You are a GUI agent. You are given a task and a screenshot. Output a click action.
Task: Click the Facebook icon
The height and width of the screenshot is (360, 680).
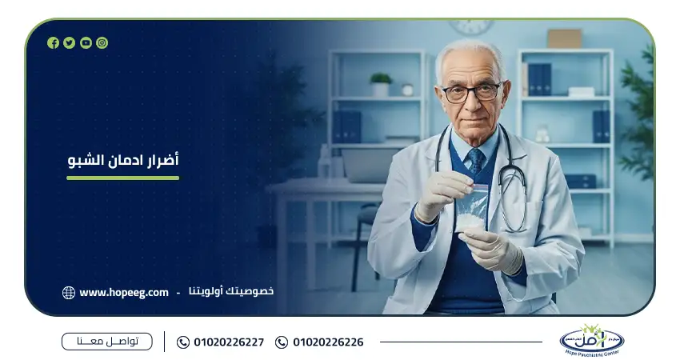pyautogui.click(x=53, y=43)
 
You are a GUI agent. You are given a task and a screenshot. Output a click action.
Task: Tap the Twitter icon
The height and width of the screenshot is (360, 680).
pyautogui.click(x=70, y=43)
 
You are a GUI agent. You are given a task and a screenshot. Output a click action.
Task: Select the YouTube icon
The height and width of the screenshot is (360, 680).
pyautogui.click(x=86, y=43)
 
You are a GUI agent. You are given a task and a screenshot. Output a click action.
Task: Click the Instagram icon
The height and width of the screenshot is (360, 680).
pyautogui.click(x=102, y=43)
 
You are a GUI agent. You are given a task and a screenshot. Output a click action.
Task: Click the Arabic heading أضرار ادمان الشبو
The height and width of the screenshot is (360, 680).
pyautogui.click(x=123, y=161)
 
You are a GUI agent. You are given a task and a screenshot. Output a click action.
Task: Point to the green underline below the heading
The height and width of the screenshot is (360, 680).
pyautogui.click(x=123, y=178)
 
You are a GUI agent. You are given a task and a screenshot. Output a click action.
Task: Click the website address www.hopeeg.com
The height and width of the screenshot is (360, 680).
pyautogui.click(x=124, y=292)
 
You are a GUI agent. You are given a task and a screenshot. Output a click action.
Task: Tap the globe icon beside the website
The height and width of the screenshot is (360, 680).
pyautogui.click(x=69, y=293)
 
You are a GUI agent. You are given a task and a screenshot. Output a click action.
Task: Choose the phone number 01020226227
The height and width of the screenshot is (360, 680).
pyautogui.click(x=229, y=342)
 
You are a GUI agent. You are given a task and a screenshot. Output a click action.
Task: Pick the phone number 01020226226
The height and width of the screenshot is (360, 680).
pyautogui.click(x=328, y=342)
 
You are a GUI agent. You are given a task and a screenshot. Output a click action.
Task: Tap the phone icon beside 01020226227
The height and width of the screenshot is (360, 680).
pyautogui.click(x=183, y=342)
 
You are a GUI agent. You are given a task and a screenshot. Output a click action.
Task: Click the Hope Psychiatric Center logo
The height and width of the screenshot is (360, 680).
pyautogui.click(x=591, y=340)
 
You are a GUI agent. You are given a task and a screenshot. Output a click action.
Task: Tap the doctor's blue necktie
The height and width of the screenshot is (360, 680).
pyautogui.click(x=476, y=161)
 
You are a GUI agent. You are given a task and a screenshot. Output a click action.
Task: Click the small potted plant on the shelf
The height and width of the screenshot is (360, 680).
pyautogui.click(x=381, y=83)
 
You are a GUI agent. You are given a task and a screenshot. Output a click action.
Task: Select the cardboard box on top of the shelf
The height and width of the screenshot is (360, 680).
pyautogui.click(x=564, y=38)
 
